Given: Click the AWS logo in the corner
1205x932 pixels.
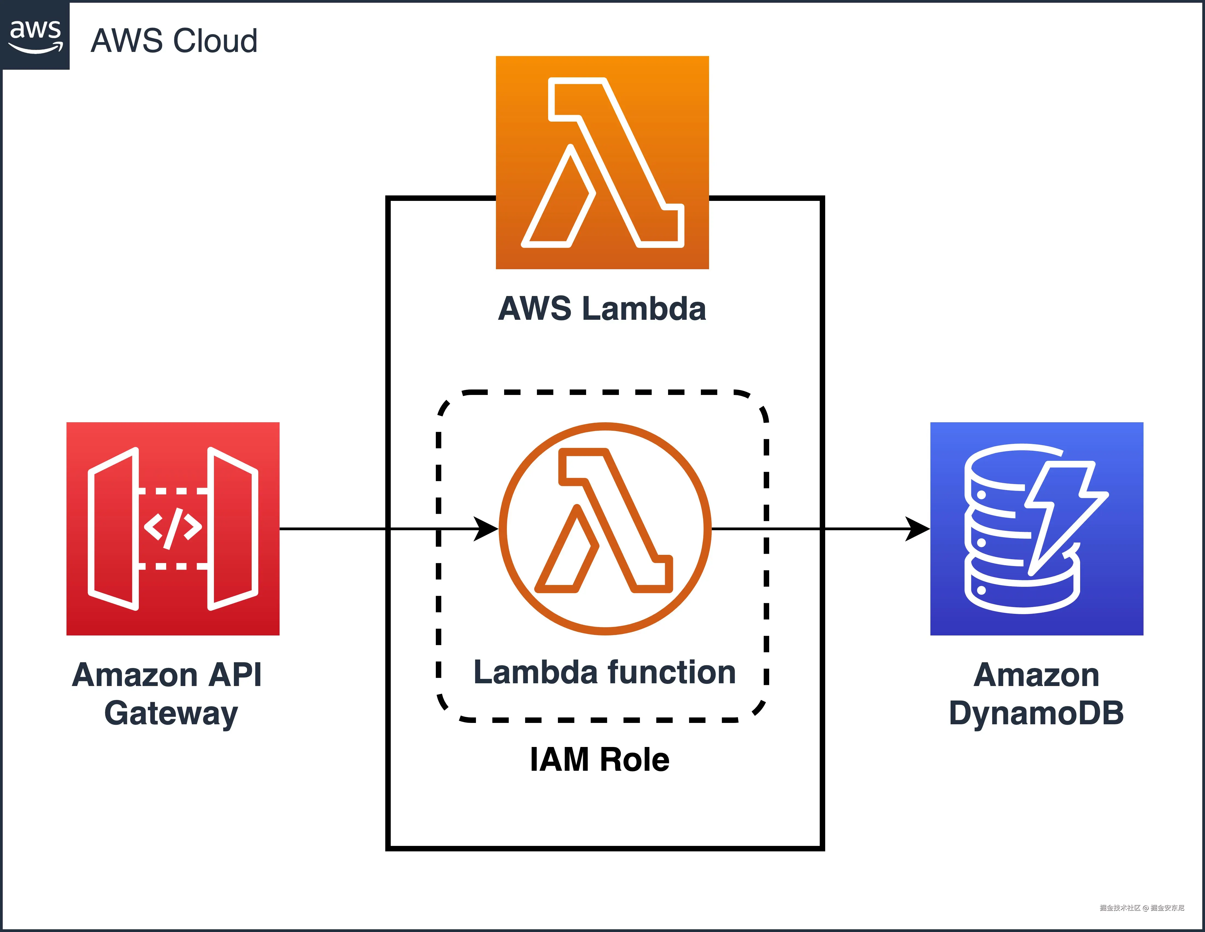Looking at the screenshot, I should click(35, 35).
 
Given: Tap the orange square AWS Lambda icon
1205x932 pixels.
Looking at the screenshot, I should click(602, 162).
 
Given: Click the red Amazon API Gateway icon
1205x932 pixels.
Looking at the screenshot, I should click(173, 529).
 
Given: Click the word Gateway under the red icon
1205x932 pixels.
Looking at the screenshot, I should click(171, 713).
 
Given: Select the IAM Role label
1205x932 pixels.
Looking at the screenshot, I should click(600, 760).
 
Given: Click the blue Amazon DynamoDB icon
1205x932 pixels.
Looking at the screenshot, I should click(1036, 529).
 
